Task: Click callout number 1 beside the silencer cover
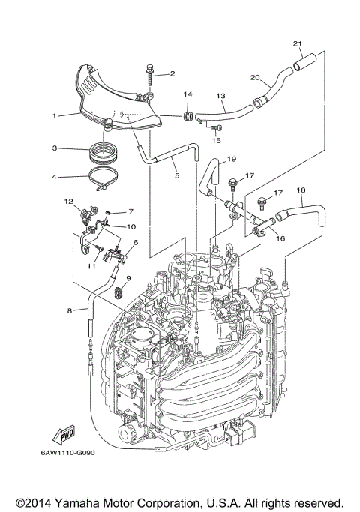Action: coord(55,115)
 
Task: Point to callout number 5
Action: coord(177,177)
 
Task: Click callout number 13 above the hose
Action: coord(220,96)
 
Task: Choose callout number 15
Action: coord(217,139)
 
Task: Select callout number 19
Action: coord(232,159)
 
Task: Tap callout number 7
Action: coord(130,212)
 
